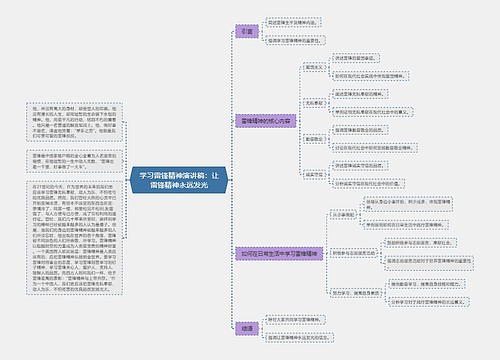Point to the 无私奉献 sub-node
pyautogui.click(x=313, y=103)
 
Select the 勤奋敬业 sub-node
pyautogui.click(x=313, y=137)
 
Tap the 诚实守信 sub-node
pyautogui.click(x=313, y=173)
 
